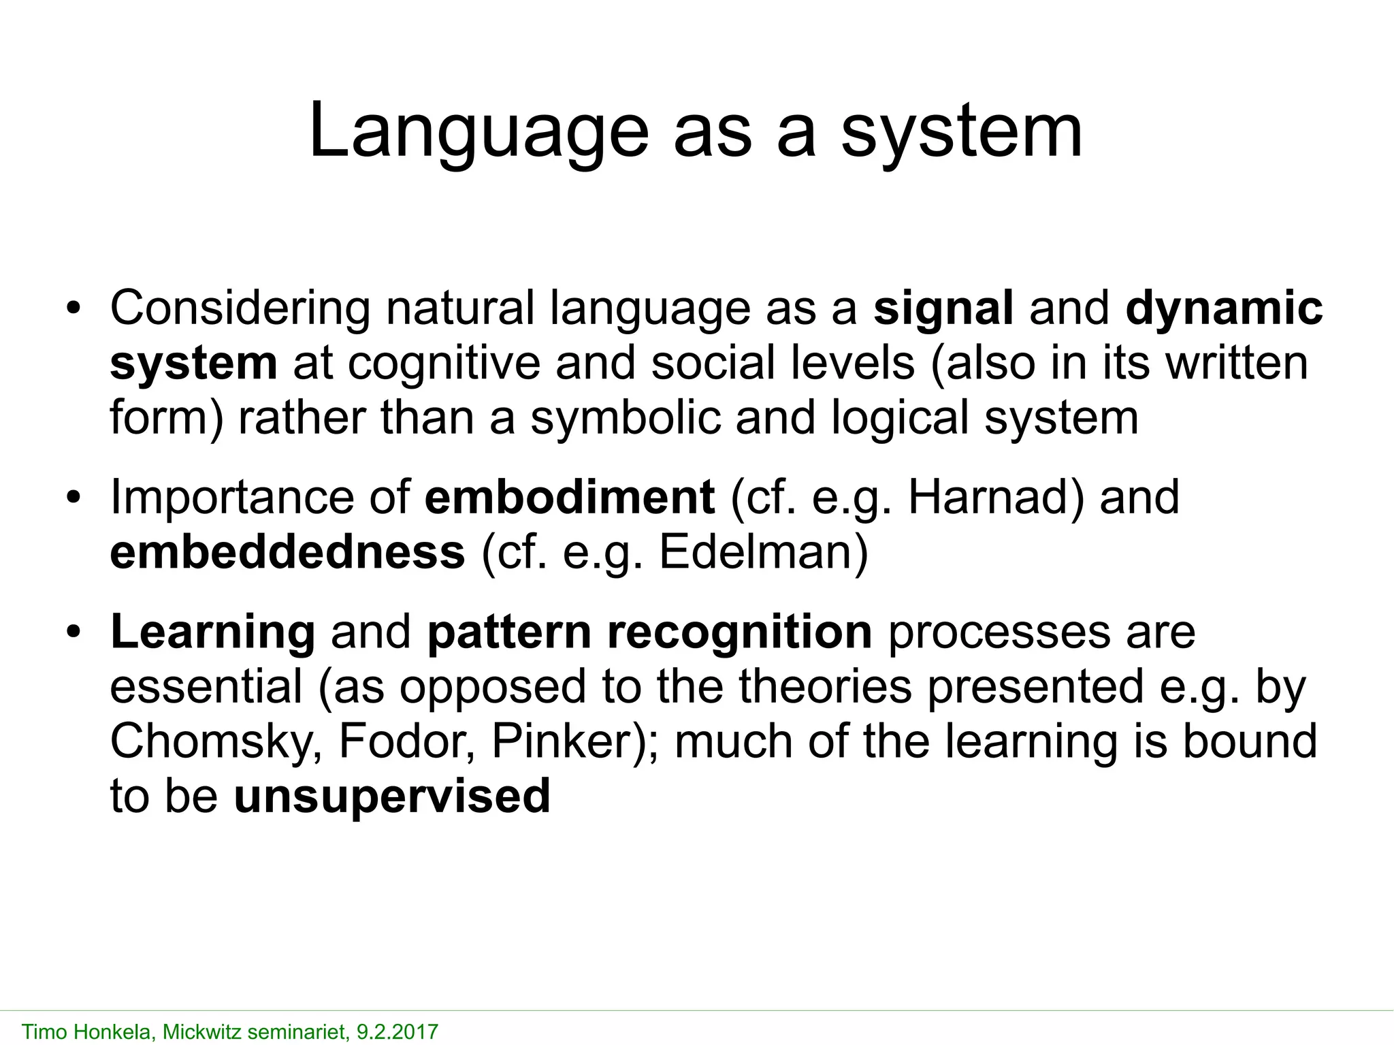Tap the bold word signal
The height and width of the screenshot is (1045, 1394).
pos(943,308)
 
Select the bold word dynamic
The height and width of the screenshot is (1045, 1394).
pos(1224,308)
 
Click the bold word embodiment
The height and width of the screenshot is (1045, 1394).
pos(569,497)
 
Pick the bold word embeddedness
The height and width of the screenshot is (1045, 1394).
pos(287,552)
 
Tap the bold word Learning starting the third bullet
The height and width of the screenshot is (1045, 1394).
pos(212,632)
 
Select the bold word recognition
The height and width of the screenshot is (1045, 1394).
pos(739,632)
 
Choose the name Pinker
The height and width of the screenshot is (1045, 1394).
pos(562,741)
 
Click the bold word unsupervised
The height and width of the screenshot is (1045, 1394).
pos(391,796)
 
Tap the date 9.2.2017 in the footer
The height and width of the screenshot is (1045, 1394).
pos(398,1031)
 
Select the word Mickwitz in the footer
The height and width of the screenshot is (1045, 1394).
pos(201,1031)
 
